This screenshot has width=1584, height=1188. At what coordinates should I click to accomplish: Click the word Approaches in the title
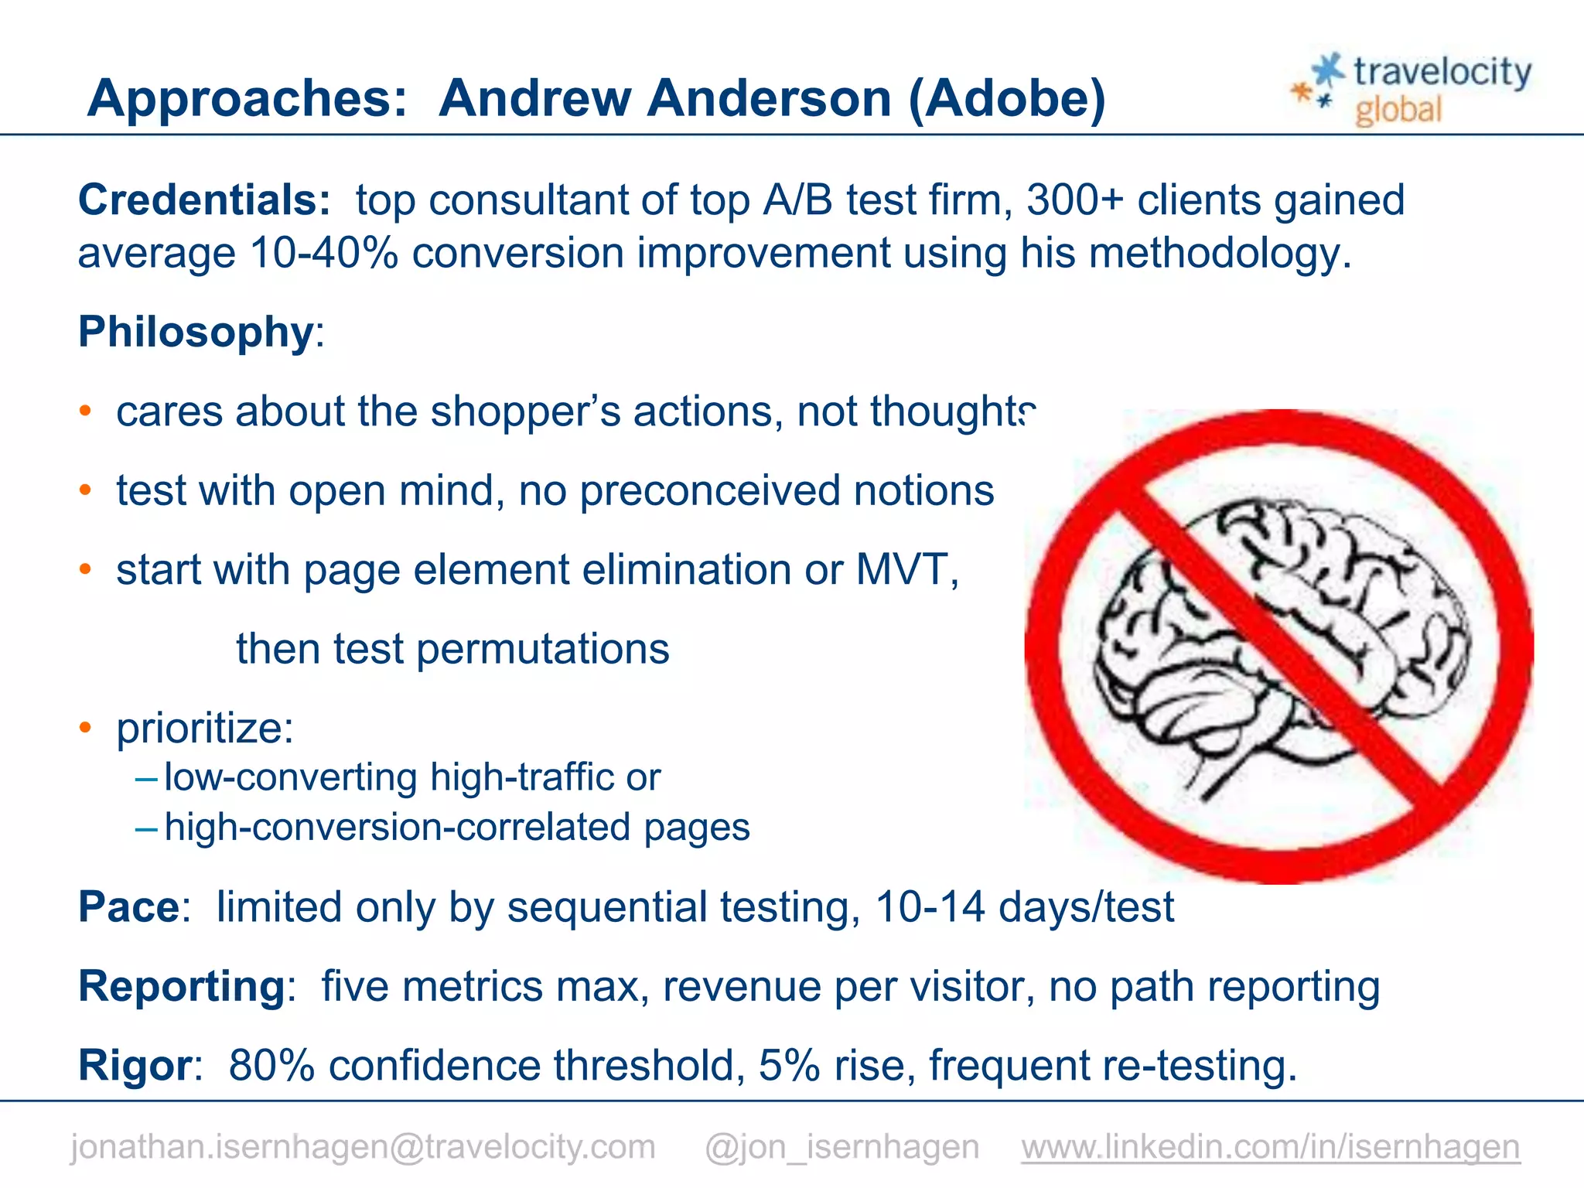(x=247, y=99)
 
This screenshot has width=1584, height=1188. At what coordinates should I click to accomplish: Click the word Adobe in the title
(x=1006, y=99)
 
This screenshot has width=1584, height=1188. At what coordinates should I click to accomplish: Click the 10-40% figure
(x=323, y=253)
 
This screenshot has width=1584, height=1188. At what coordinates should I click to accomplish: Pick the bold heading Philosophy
(x=196, y=332)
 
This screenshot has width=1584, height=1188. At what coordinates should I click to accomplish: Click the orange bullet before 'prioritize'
(x=85, y=728)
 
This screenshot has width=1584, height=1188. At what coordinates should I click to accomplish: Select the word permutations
(x=542, y=649)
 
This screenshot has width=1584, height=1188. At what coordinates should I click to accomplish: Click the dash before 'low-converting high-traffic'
(x=146, y=777)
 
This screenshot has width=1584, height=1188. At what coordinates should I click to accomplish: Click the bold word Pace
(x=128, y=906)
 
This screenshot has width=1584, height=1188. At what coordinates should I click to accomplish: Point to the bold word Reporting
(x=183, y=986)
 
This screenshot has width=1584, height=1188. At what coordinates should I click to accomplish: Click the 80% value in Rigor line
(x=271, y=1065)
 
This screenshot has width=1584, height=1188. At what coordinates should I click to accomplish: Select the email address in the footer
(x=363, y=1146)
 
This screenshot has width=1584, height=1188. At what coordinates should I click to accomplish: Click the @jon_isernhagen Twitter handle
(x=841, y=1146)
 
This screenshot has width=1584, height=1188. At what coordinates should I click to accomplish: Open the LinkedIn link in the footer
(x=1270, y=1146)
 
